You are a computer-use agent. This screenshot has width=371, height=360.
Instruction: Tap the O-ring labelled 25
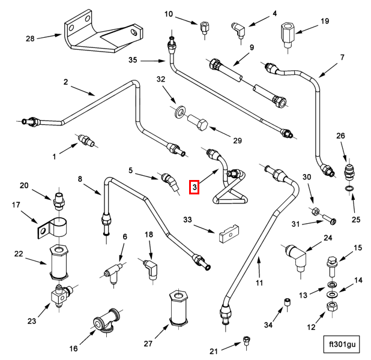coord(349,191)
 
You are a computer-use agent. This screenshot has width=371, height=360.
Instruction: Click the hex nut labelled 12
coord(331,308)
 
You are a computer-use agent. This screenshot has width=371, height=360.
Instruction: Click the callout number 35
coord(133,60)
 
